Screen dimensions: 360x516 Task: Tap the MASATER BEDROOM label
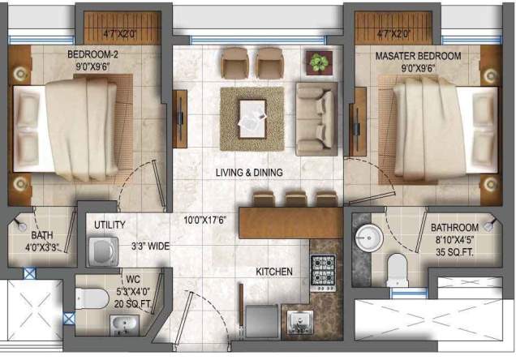[418, 55]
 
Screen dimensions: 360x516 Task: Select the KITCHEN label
[274, 272]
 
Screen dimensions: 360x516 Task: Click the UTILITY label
[110, 225]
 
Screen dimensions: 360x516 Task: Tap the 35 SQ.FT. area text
[454, 251]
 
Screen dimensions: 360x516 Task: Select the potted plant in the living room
[319, 62]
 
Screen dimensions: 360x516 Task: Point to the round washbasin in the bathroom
[368, 238]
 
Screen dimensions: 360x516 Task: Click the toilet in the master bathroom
[397, 268]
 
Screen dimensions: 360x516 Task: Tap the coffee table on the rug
[252, 117]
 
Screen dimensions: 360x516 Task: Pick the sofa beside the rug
[315, 118]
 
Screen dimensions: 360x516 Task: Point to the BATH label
[42, 218]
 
